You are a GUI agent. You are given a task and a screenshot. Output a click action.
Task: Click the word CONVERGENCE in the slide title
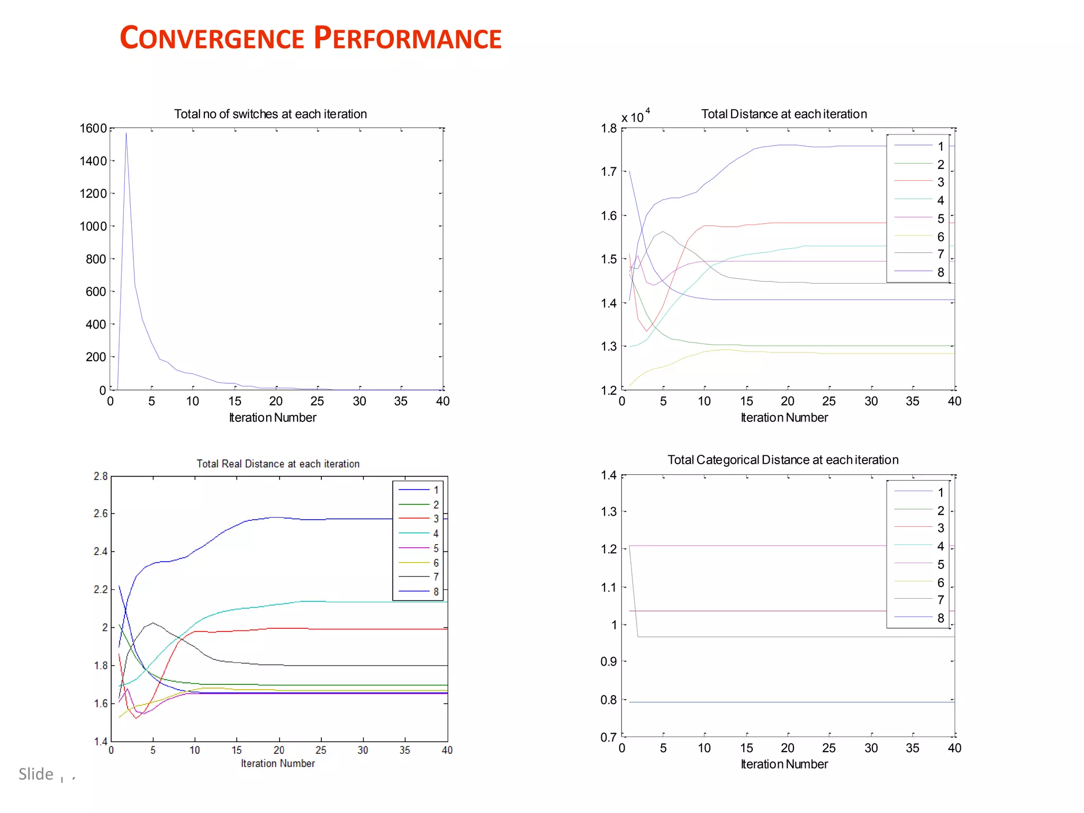click(x=212, y=39)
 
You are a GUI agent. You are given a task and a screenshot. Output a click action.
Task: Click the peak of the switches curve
click(x=126, y=133)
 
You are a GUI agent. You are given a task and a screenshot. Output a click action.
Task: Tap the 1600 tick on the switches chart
click(x=93, y=129)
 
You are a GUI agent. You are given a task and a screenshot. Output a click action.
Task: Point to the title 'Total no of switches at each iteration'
click(x=270, y=114)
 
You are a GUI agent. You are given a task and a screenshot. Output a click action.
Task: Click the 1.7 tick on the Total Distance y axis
click(x=609, y=171)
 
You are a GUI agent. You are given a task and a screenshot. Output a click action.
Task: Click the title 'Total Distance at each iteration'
click(x=784, y=114)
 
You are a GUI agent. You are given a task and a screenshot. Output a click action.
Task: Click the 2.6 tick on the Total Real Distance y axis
click(x=101, y=513)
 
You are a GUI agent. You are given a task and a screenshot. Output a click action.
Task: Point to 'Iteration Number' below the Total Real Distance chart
click(x=278, y=763)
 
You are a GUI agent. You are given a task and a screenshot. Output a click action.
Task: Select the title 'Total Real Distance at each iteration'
click(x=278, y=464)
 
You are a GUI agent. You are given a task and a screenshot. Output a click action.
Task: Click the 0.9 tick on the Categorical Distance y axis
click(x=609, y=662)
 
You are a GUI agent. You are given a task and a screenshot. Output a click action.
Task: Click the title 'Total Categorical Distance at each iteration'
click(x=783, y=459)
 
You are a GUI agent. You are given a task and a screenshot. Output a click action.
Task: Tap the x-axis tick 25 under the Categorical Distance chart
click(x=829, y=748)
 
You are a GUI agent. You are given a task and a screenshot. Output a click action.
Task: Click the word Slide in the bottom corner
click(x=36, y=774)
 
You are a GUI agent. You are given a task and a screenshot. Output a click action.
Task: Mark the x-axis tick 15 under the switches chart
click(x=235, y=401)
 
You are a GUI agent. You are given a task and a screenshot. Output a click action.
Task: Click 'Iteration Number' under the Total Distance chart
click(x=784, y=418)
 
